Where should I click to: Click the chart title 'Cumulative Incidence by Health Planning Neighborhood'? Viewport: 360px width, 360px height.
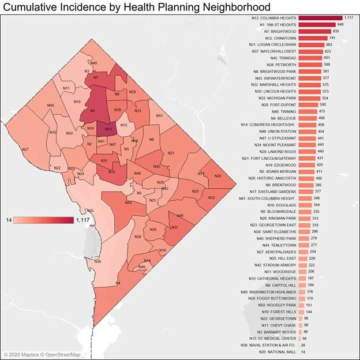(x=137, y=7)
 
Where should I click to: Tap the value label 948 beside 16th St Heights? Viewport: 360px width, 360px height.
(x=341, y=25)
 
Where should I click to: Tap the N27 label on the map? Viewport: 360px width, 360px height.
(x=25, y=149)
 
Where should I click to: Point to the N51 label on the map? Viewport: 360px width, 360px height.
(x=159, y=115)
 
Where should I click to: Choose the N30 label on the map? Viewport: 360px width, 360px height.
(x=217, y=176)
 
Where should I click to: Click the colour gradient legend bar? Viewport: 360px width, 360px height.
(x=44, y=220)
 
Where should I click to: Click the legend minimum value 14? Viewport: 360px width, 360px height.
(x=9, y=220)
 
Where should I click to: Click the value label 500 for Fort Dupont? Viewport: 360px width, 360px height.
(x=323, y=104)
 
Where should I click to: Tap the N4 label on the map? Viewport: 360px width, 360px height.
(x=118, y=283)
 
